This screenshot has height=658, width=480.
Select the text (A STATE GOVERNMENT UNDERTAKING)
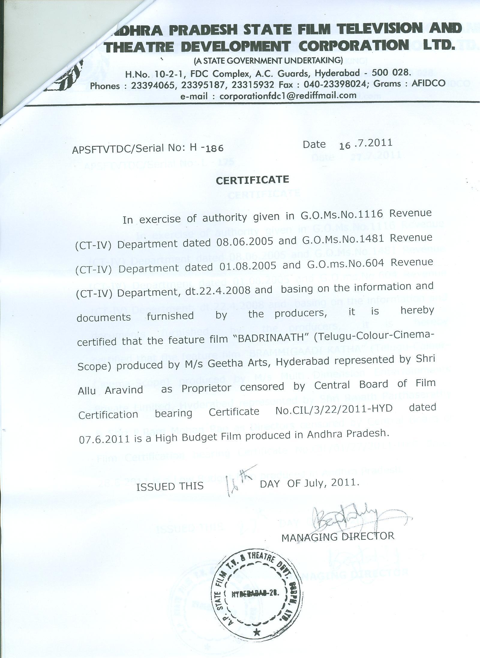268,60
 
